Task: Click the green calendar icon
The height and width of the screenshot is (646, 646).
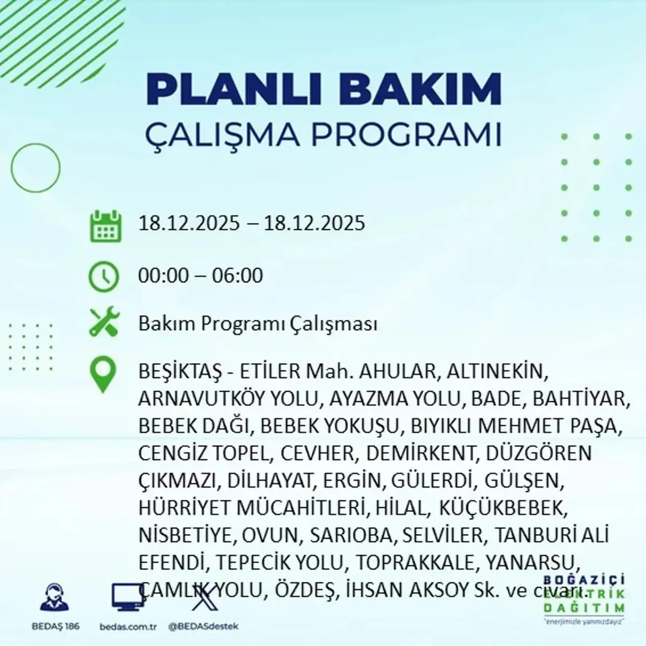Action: tap(105, 226)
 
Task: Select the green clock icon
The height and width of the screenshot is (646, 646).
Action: tap(104, 277)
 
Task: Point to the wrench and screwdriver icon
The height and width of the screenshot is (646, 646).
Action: tap(104, 322)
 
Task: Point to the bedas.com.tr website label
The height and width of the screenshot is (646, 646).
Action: tap(128, 626)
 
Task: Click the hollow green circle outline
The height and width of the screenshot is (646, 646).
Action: tap(35, 167)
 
